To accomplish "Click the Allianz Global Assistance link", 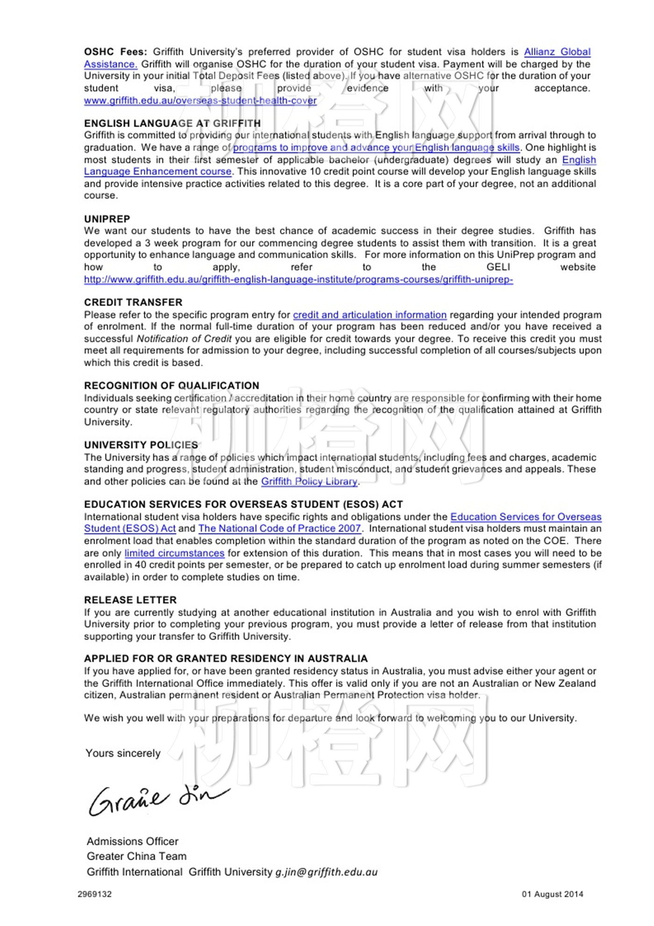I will tap(557, 52).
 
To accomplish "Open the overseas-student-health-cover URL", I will tap(200, 100).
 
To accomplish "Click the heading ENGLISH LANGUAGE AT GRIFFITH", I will tap(172, 123).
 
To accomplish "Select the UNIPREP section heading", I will tap(107, 219).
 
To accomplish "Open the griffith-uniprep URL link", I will tap(298, 279).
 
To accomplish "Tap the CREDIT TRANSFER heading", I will tap(133, 302).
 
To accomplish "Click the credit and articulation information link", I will tap(370, 315).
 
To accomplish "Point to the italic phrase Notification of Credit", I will tap(184, 339).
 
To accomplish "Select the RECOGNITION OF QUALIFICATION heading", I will tap(171, 385).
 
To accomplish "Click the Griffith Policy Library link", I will tap(309, 481).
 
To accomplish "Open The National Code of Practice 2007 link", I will tap(279, 528).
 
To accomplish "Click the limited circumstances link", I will tap(174, 553).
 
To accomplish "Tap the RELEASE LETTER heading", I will tap(130, 600).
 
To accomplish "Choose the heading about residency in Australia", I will tap(226, 658).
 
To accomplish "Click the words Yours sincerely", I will tap(123, 753).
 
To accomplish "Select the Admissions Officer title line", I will tap(133, 841).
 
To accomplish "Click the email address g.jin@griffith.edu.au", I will tap(326, 872).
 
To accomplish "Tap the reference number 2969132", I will tap(95, 894).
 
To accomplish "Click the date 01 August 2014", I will tap(553, 894).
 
